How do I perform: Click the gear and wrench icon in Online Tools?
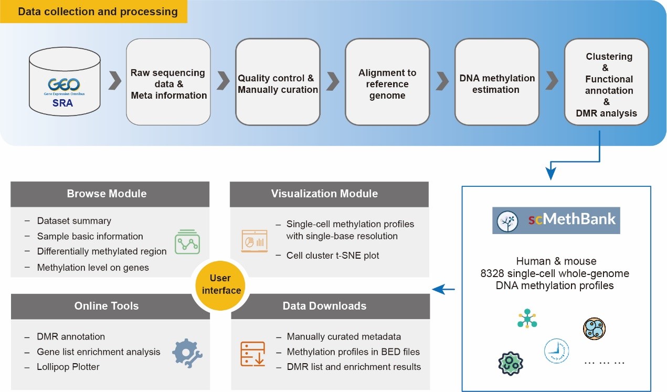187,352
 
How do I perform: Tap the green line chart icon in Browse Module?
188,242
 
